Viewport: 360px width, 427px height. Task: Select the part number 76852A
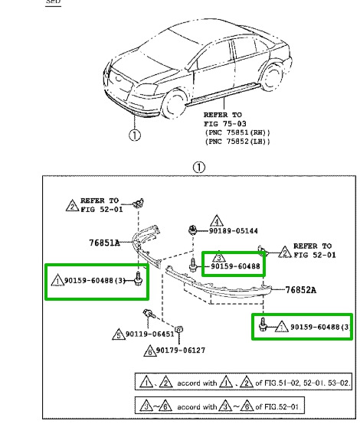[303, 290]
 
